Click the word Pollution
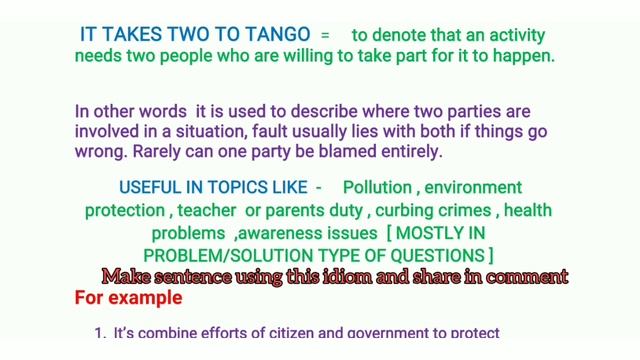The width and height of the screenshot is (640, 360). (378, 188)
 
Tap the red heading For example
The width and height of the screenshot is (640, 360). (128, 298)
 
